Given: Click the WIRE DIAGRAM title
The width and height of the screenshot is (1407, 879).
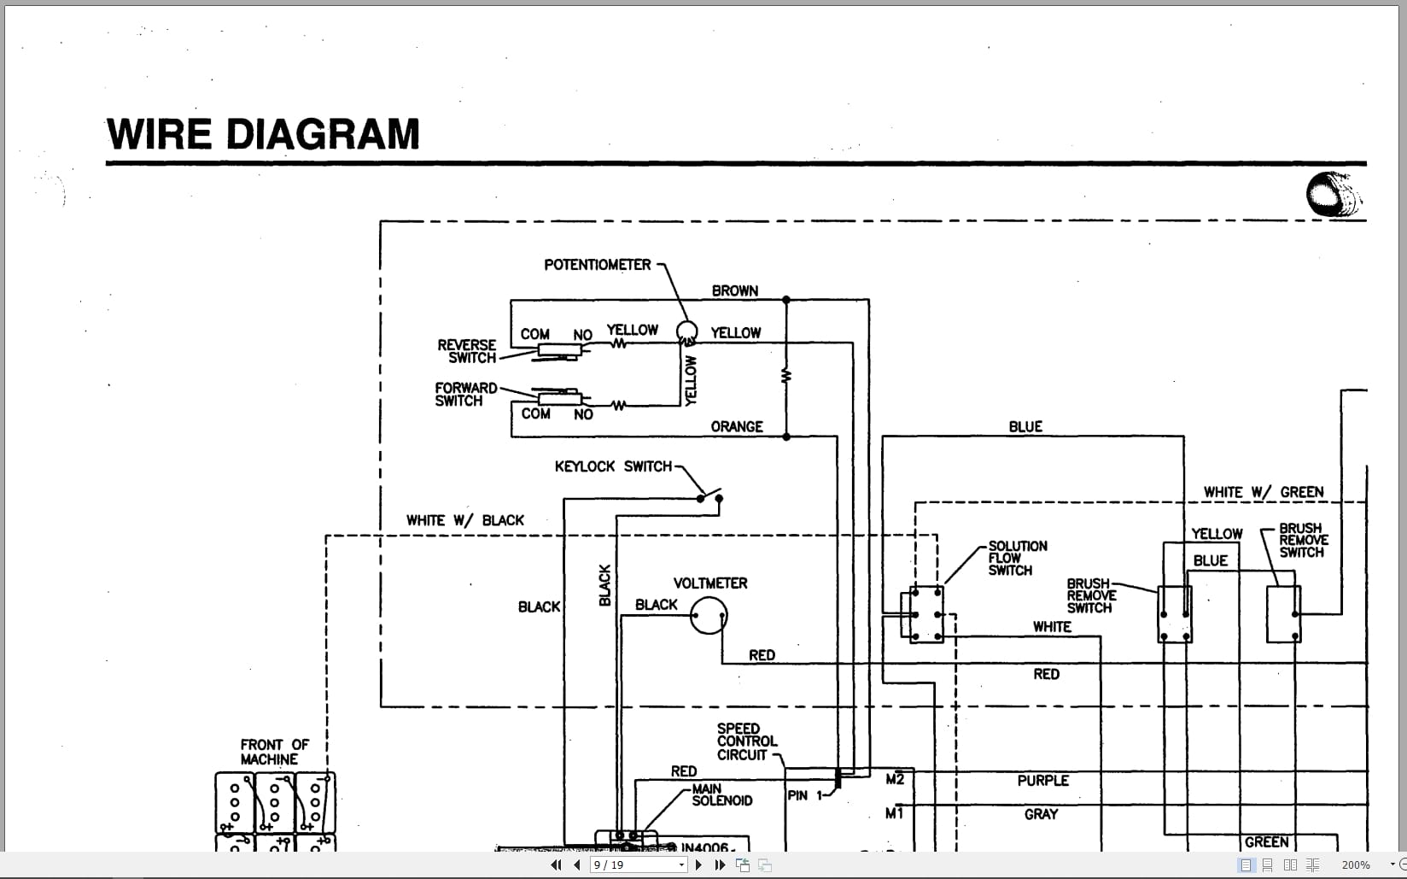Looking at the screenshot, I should coord(263,134).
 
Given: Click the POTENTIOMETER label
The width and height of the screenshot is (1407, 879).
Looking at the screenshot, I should coord(598,265).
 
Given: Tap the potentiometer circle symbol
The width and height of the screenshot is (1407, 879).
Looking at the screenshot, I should coord(686,331).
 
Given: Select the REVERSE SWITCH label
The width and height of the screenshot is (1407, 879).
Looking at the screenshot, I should coord(467,351).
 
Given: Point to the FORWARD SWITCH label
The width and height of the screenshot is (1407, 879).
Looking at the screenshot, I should coord(465,394).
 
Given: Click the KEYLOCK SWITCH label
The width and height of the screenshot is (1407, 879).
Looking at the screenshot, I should coord(613,466).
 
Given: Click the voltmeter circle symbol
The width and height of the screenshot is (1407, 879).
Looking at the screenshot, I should coord(709,615).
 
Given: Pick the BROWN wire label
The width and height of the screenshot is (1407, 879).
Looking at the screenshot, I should coord(735,290).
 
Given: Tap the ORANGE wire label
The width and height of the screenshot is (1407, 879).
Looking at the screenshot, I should coord(737,426).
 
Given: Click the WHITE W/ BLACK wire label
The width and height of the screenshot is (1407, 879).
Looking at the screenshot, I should coord(465,520).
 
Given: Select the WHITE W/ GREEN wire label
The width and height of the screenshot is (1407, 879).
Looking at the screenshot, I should coord(1264,492).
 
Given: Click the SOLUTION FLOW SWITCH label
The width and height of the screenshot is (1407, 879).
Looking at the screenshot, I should coord(1017,558).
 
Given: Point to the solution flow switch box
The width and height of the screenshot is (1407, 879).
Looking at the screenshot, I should coord(926,614).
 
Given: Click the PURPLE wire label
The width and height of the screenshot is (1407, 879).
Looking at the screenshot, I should coord(1042,780).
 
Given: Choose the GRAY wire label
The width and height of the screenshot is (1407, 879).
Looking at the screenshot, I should coord(1041,814).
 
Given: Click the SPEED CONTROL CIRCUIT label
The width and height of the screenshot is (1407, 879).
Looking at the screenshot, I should coord(746,741).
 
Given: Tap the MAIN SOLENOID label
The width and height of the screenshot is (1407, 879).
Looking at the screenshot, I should coord(721,794).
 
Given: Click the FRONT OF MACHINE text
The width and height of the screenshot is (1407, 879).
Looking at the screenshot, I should coord(274,752).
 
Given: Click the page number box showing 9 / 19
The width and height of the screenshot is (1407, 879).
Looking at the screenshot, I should coord(639,864).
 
